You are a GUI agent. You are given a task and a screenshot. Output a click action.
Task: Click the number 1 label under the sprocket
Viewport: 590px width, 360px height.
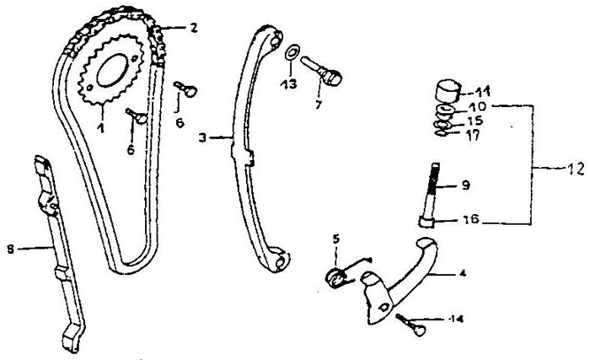click(x=100, y=128)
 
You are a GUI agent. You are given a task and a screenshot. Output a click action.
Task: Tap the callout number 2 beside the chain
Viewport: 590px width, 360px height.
click(x=193, y=28)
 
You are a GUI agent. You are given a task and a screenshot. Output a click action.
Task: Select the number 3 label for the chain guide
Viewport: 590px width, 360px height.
click(x=203, y=138)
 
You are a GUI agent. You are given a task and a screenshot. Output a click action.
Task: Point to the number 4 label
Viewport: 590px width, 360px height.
click(x=463, y=273)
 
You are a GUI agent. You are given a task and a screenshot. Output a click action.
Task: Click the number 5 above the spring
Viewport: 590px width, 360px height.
click(x=336, y=239)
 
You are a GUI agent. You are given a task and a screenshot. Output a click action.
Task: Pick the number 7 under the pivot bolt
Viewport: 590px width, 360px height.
click(x=319, y=105)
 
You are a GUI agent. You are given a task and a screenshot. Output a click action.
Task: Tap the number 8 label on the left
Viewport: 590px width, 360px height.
click(x=10, y=249)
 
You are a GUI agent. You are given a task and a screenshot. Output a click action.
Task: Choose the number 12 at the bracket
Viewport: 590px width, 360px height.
click(x=576, y=169)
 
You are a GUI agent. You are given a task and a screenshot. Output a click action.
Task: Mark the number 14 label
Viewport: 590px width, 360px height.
click(x=457, y=320)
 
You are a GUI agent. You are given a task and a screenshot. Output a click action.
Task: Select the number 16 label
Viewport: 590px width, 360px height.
click(x=470, y=219)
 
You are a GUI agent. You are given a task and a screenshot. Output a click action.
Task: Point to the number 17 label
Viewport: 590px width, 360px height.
click(x=473, y=135)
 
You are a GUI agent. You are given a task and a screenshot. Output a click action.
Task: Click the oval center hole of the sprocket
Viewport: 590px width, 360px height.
click(x=112, y=70)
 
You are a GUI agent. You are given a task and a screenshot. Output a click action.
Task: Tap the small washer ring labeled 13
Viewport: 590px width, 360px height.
click(x=292, y=52)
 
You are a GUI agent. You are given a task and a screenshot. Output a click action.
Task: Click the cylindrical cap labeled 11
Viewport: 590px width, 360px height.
click(x=448, y=91)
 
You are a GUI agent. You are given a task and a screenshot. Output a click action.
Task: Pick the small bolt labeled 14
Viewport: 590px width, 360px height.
click(x=411, y=325)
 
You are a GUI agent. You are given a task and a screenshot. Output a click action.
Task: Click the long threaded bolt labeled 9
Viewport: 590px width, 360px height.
click(x=430, y=195)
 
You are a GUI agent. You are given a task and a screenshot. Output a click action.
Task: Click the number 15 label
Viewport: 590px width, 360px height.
click(x=475, y=121)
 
